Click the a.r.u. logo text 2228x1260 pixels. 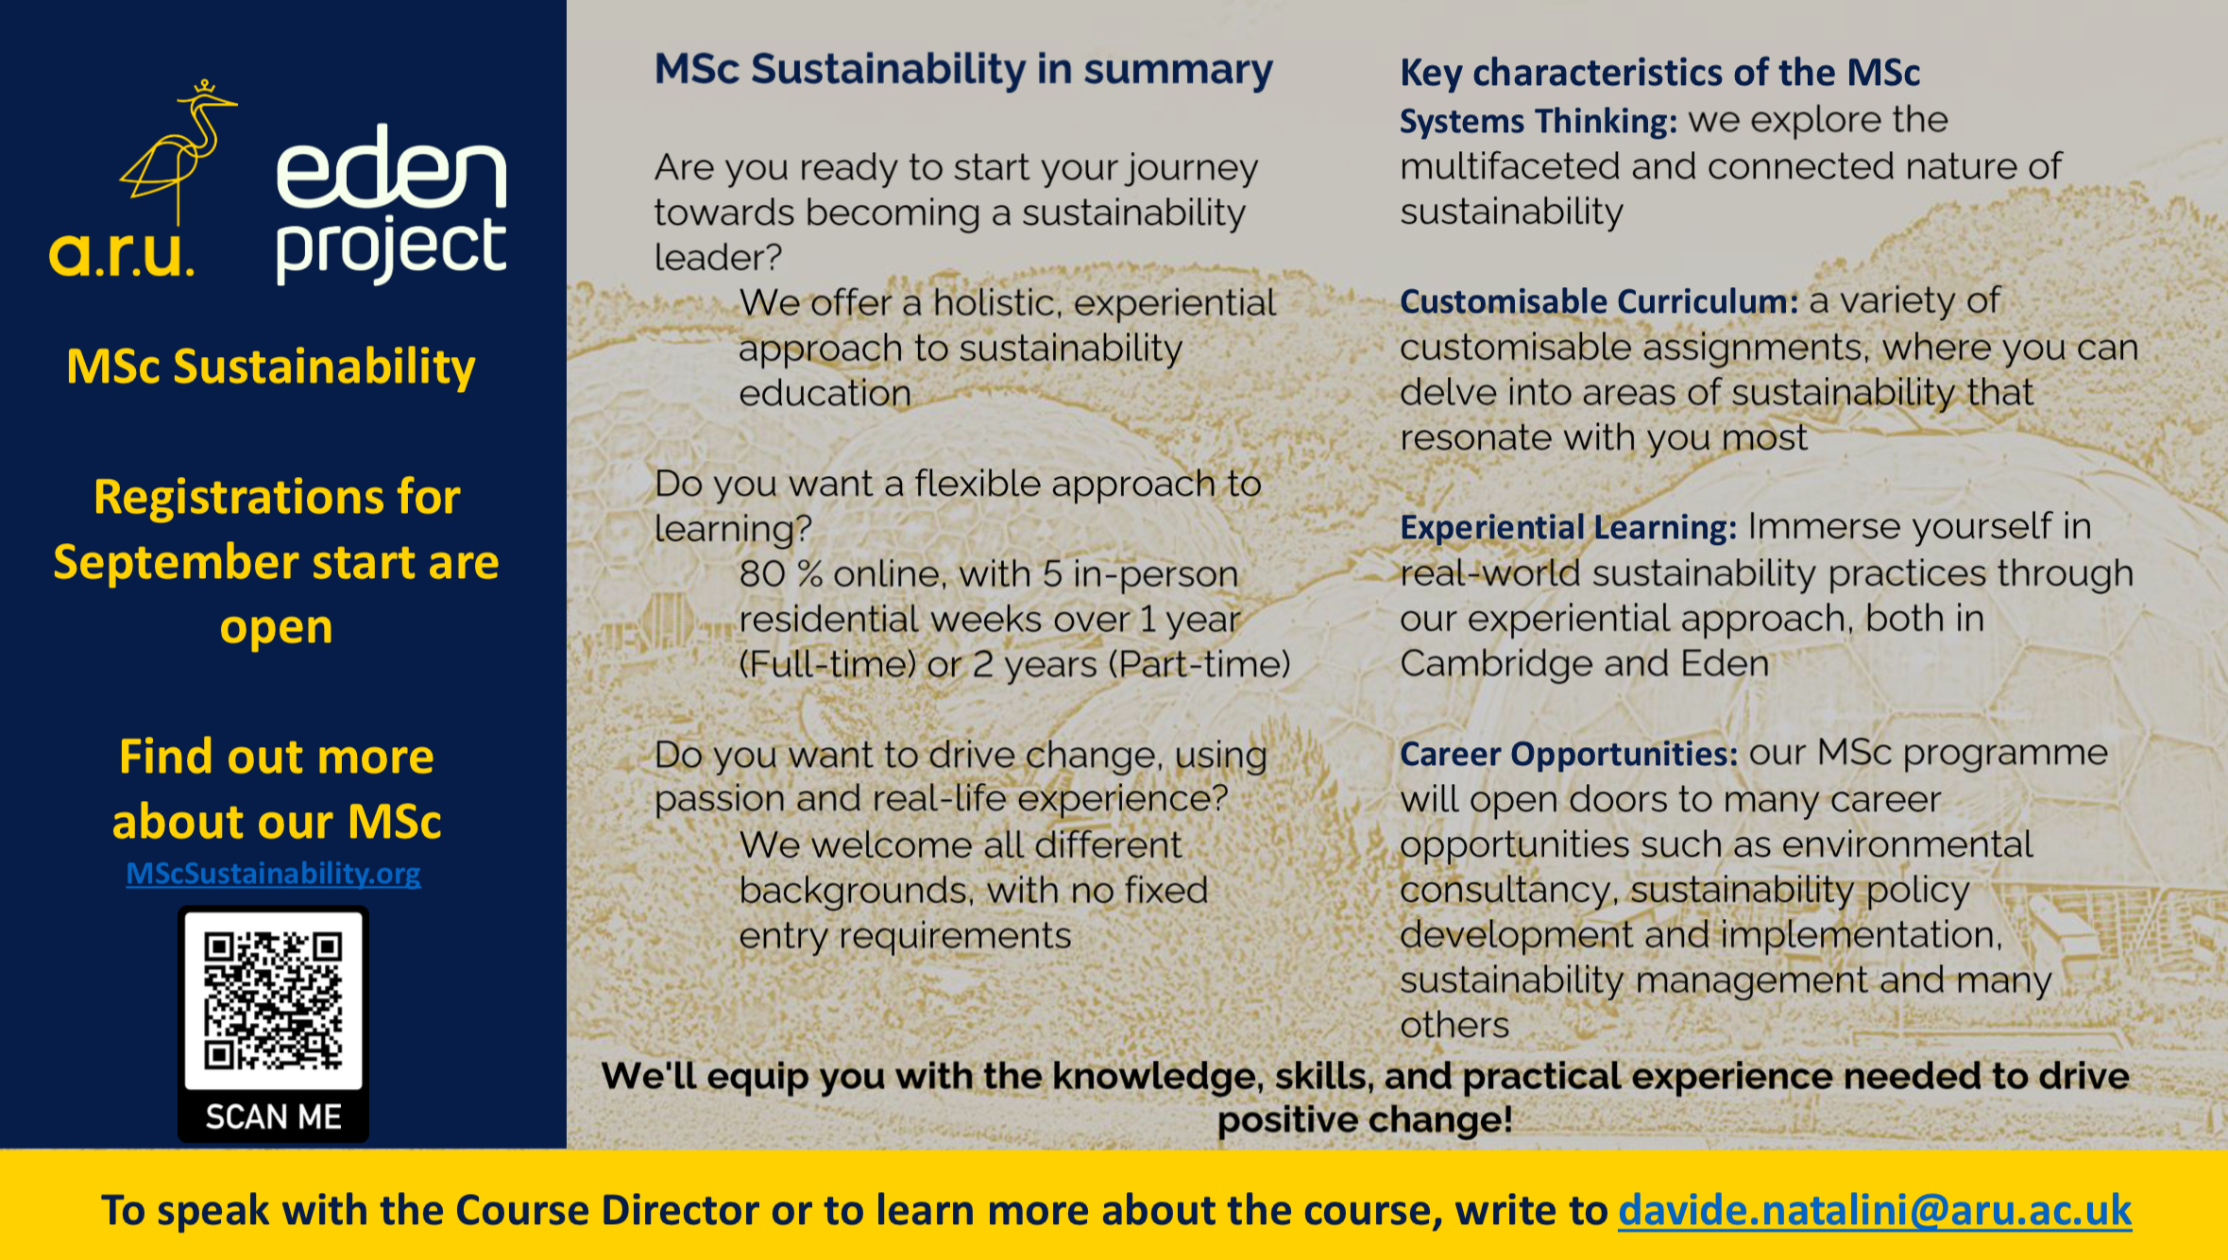(x=122, y=253)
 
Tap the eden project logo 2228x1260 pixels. (x=391, y=204)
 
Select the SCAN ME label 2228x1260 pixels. (x=274, y=1116)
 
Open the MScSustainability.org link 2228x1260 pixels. (x=273, y=873)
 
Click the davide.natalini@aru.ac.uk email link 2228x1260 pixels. (x=1875, y=1210)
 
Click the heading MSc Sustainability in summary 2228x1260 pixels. (x=963, y=69)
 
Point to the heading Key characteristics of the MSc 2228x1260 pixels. (x=1659, y=72)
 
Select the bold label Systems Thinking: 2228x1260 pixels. (x=1539, y=121)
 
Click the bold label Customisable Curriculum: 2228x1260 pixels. (x=1599, y=301)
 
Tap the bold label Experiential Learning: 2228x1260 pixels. (x=1568, y=527)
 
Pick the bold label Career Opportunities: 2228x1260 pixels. (x=1569, y=754)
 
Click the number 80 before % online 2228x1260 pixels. (x=762, y=574)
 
